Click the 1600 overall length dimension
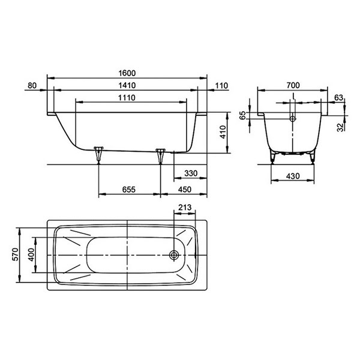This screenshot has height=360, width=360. click(x=127, y=73)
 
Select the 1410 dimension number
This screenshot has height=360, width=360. click(x=127, y=85)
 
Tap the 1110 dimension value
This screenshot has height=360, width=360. click(x=127, y=98)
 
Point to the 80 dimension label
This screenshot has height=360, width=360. click(x=32, y=85)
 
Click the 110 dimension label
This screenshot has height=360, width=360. click(x=221, y=86)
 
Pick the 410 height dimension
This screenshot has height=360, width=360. click(x=223, y=132)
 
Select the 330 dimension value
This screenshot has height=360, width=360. click(x=191, y=173)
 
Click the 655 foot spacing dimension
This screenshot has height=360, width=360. click(x=129, y=190)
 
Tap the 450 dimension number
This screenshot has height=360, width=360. click(x=185, y=190)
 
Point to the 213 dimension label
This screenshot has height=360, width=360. click(x=185, y=208)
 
